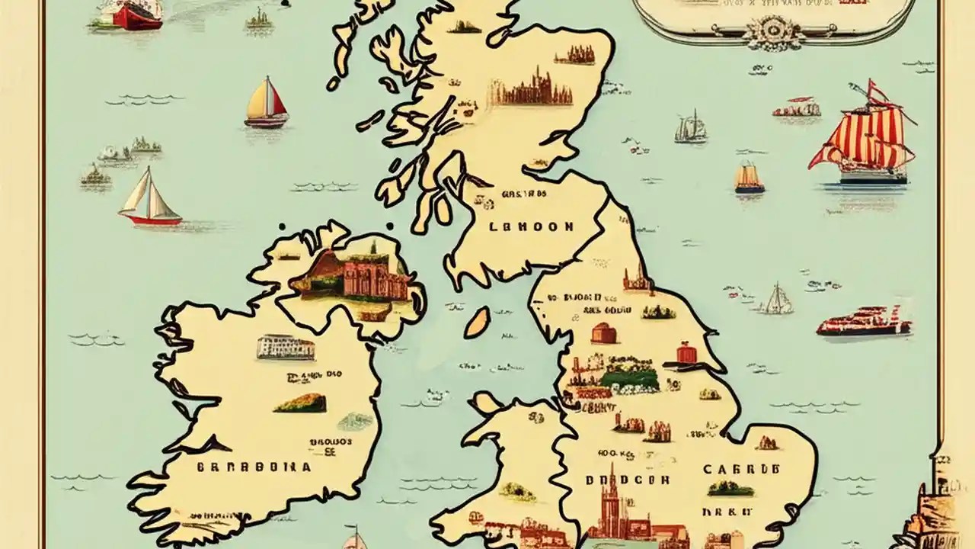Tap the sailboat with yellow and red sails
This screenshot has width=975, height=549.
266,103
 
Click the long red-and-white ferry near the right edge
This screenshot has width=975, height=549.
864,322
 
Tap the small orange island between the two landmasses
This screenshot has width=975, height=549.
478,323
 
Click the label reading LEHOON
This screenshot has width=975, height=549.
532,226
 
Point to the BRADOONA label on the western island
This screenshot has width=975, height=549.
254,467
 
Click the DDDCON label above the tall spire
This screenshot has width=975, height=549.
628,480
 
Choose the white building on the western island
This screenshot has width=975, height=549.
285,347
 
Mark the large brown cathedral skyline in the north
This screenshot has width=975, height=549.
531,88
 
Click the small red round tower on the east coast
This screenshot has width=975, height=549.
687,353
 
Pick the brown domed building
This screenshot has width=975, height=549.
603,333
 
